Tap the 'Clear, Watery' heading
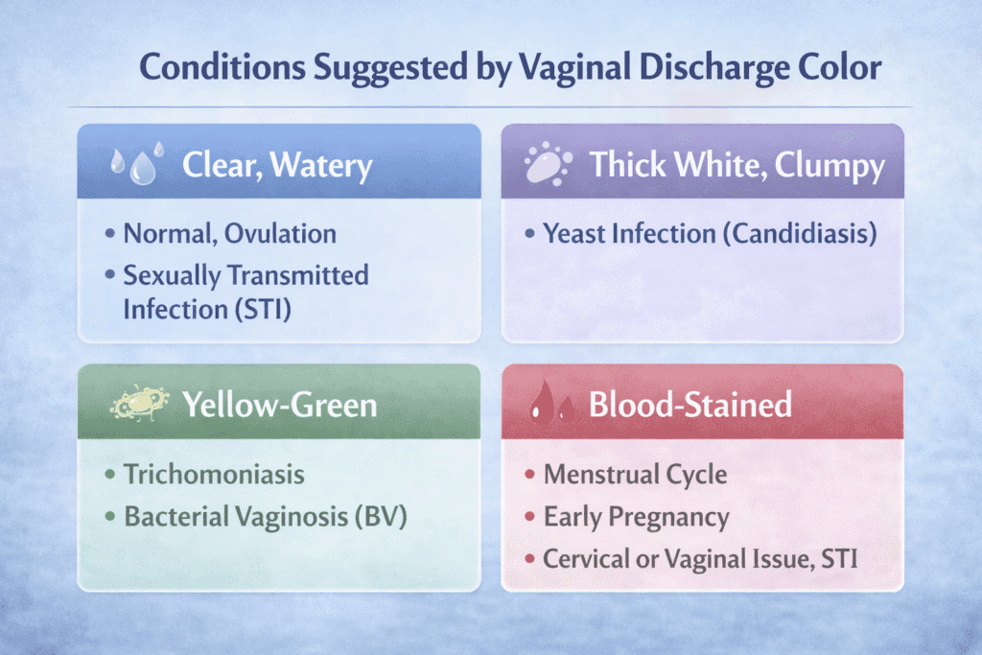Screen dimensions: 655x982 point(277,166)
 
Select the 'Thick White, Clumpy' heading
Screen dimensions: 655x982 point(736,165)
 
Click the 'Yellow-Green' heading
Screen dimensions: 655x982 point(279,405)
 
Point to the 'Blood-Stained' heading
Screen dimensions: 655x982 point(690,405)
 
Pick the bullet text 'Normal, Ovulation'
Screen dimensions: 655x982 point(229,233)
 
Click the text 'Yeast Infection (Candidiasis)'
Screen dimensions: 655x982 point(710,233)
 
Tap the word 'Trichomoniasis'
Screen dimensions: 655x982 point(215,474)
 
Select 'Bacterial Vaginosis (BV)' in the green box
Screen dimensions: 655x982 point(267,516)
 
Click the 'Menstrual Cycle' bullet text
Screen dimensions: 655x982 point(635,474)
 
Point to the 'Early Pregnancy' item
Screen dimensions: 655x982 point(636,517)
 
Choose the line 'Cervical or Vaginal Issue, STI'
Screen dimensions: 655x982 point(700,559)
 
